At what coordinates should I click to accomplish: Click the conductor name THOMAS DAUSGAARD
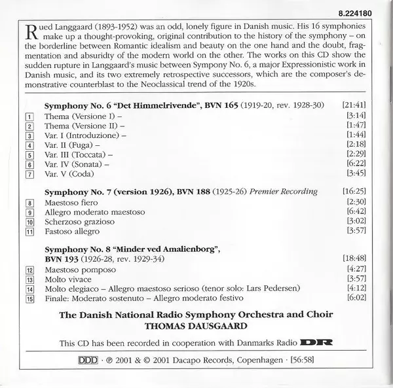tap(196, 325)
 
